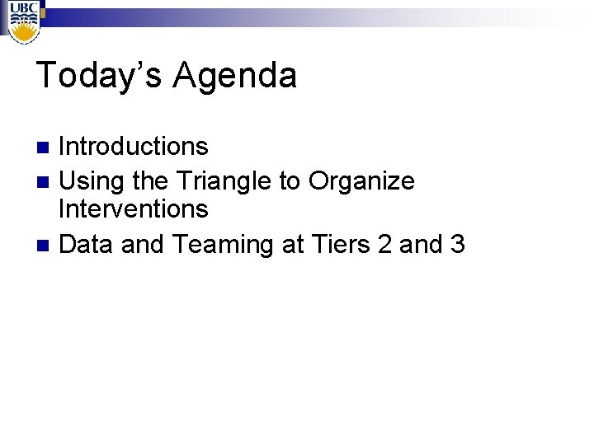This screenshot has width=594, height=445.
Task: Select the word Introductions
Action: [134, 147]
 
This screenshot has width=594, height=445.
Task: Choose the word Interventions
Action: [134, 209]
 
